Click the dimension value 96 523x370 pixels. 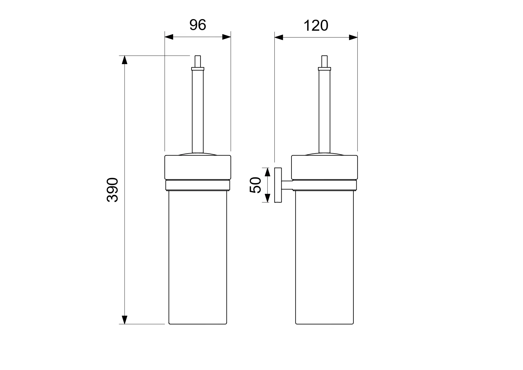198,25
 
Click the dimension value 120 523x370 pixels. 316,26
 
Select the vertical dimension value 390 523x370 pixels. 112,190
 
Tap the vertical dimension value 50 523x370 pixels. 255,185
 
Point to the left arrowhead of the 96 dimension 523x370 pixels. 169,37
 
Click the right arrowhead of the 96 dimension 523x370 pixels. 226,37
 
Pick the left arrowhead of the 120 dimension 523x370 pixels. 279,37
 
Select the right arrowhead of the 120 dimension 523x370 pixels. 353,37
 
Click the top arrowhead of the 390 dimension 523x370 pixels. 125,60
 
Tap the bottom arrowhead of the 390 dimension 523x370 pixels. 125,320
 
